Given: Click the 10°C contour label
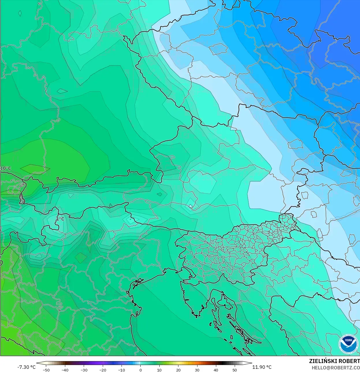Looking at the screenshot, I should [6, 168].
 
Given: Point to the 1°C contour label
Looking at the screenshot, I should [60, 219].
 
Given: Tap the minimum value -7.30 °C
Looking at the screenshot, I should [27, 367].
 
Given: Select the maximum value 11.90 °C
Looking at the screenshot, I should [262, 367].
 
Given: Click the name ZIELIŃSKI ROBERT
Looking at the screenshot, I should [334, 361].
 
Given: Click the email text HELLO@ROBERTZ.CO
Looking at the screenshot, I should [335, 368].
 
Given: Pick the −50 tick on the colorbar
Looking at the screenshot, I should [46, 370].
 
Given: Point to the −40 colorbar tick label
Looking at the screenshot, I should [65, 370].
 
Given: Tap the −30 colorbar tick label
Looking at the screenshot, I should [84, 370].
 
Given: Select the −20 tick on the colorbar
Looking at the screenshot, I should [103, 370].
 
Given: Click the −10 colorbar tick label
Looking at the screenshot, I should [122, 370].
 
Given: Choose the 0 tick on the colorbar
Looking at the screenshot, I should [141, 370].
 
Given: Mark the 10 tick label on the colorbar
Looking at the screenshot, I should [159, 370].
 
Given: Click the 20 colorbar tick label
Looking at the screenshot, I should [178, 370].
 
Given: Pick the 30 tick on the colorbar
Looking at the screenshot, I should [197, 370].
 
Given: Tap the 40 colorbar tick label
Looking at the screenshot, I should [216, 370].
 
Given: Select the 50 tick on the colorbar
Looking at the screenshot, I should [235, 370].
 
